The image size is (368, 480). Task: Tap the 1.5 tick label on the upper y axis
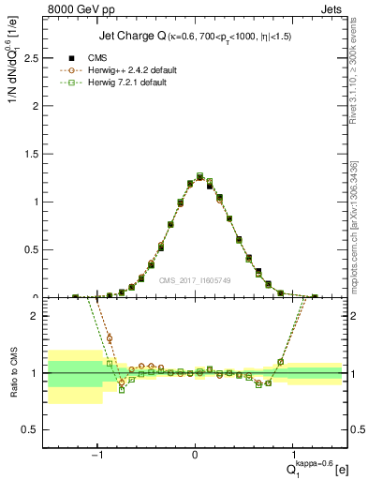pos(34,154)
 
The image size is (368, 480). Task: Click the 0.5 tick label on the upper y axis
pos(34,250)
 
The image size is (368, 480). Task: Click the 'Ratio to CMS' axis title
pos(12,373)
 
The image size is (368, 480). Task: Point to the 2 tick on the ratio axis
pos(37,316)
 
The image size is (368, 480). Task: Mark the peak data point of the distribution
pos(199,176)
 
